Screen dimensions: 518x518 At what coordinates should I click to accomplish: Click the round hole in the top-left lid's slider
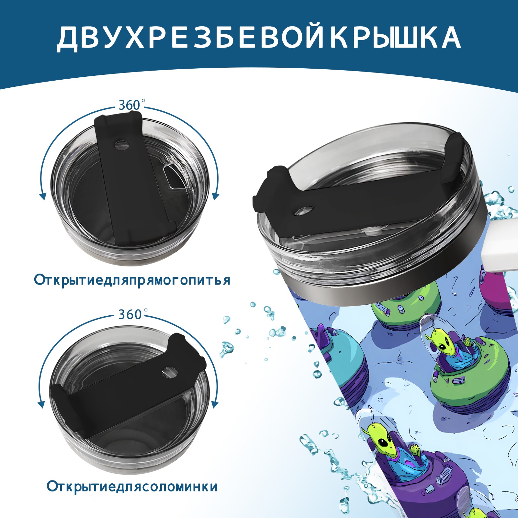pyautogui.click(x=122, y=145)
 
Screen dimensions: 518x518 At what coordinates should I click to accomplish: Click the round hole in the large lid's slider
pyautogui.click(x=304, y=211)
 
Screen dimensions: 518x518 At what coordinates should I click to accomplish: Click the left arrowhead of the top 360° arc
pyautogui.click(x=42, y=196)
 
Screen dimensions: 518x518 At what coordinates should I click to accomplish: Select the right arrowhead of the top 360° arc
pyautogui.click(x=216, y=196)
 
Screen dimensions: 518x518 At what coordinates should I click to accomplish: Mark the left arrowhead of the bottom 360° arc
pyautogui.click(x=41, y=404)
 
